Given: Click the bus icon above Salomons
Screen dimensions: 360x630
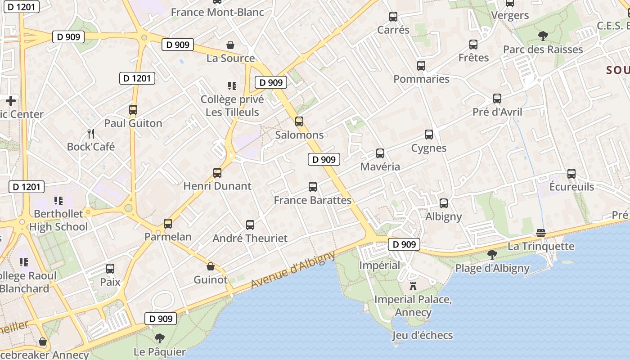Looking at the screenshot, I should (299, 121).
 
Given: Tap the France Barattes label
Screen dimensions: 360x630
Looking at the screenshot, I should (312, 200).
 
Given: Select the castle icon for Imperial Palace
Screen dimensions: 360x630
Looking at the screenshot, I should (413, 285).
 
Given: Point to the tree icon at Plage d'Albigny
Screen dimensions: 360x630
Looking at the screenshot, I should (492, 255).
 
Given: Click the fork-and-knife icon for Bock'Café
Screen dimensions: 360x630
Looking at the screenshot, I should (91, 133).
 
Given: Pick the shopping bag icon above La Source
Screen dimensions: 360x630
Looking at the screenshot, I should (230, 45).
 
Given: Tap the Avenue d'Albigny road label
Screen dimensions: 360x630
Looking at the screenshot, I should (293, 270).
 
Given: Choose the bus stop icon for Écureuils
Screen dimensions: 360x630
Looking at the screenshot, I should (571, 173).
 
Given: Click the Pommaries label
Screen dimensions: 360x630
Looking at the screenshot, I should (421, 79).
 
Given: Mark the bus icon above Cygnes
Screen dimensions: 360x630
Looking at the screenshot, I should (429, 134).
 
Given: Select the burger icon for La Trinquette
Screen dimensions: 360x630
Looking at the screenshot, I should (541, 233).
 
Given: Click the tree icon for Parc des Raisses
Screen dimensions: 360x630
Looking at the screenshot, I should (543, 36).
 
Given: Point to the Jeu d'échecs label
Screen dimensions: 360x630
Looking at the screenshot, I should (422, 335).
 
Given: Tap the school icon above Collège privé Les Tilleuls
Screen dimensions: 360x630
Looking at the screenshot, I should (232, 85).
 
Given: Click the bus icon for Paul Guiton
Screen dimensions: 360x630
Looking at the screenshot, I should (133, 109).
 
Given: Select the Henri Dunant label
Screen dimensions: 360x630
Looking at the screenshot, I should (217, 186).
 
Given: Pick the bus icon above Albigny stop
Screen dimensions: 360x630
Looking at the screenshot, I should (444, 203).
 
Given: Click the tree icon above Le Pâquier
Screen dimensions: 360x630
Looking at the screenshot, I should (159, 338).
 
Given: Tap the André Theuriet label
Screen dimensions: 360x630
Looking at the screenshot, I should (250, 238).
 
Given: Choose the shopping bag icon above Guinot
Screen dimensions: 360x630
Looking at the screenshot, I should (210, 266).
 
